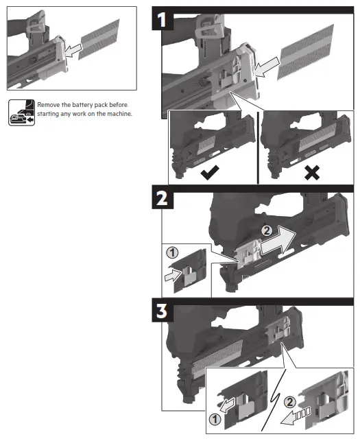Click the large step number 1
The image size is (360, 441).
coord(163,19)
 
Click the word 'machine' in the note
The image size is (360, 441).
coord(117,113)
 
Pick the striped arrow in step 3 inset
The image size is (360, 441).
coord(300,414)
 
